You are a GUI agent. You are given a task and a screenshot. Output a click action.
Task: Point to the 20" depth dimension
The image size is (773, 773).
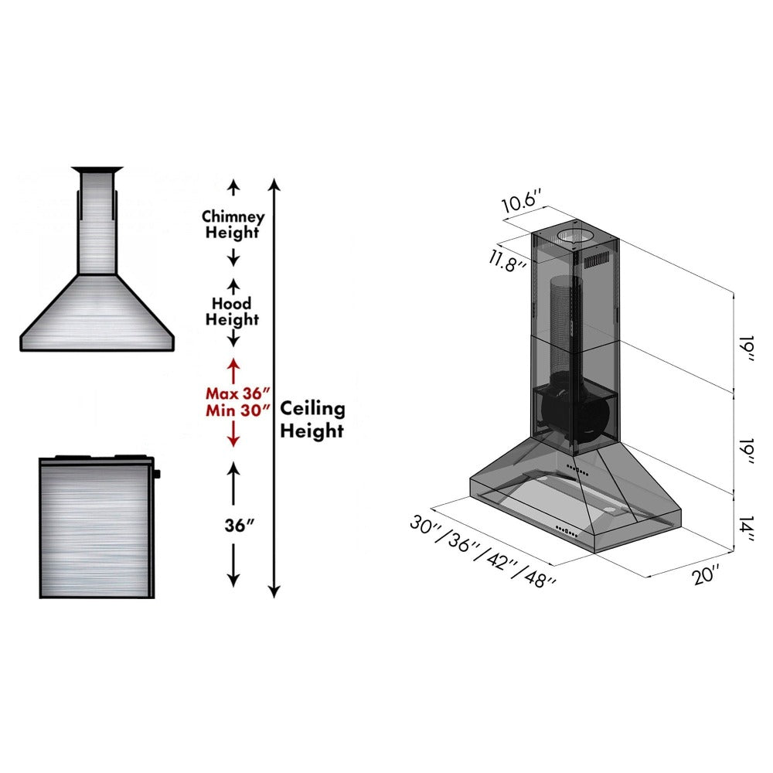click(x=706, y=574)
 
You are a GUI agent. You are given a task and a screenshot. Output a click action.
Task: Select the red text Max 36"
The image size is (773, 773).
click(x=233, y=392)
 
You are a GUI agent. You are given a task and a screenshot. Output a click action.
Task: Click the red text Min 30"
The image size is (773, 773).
click(x=233, y=410)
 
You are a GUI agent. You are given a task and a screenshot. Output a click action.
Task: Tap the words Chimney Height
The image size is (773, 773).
click(x=233, y=225)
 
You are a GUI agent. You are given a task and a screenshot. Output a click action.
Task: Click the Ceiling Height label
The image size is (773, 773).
click(x=312, y=420)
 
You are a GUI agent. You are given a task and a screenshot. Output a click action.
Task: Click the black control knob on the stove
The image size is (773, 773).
click(x=156, y=472)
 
